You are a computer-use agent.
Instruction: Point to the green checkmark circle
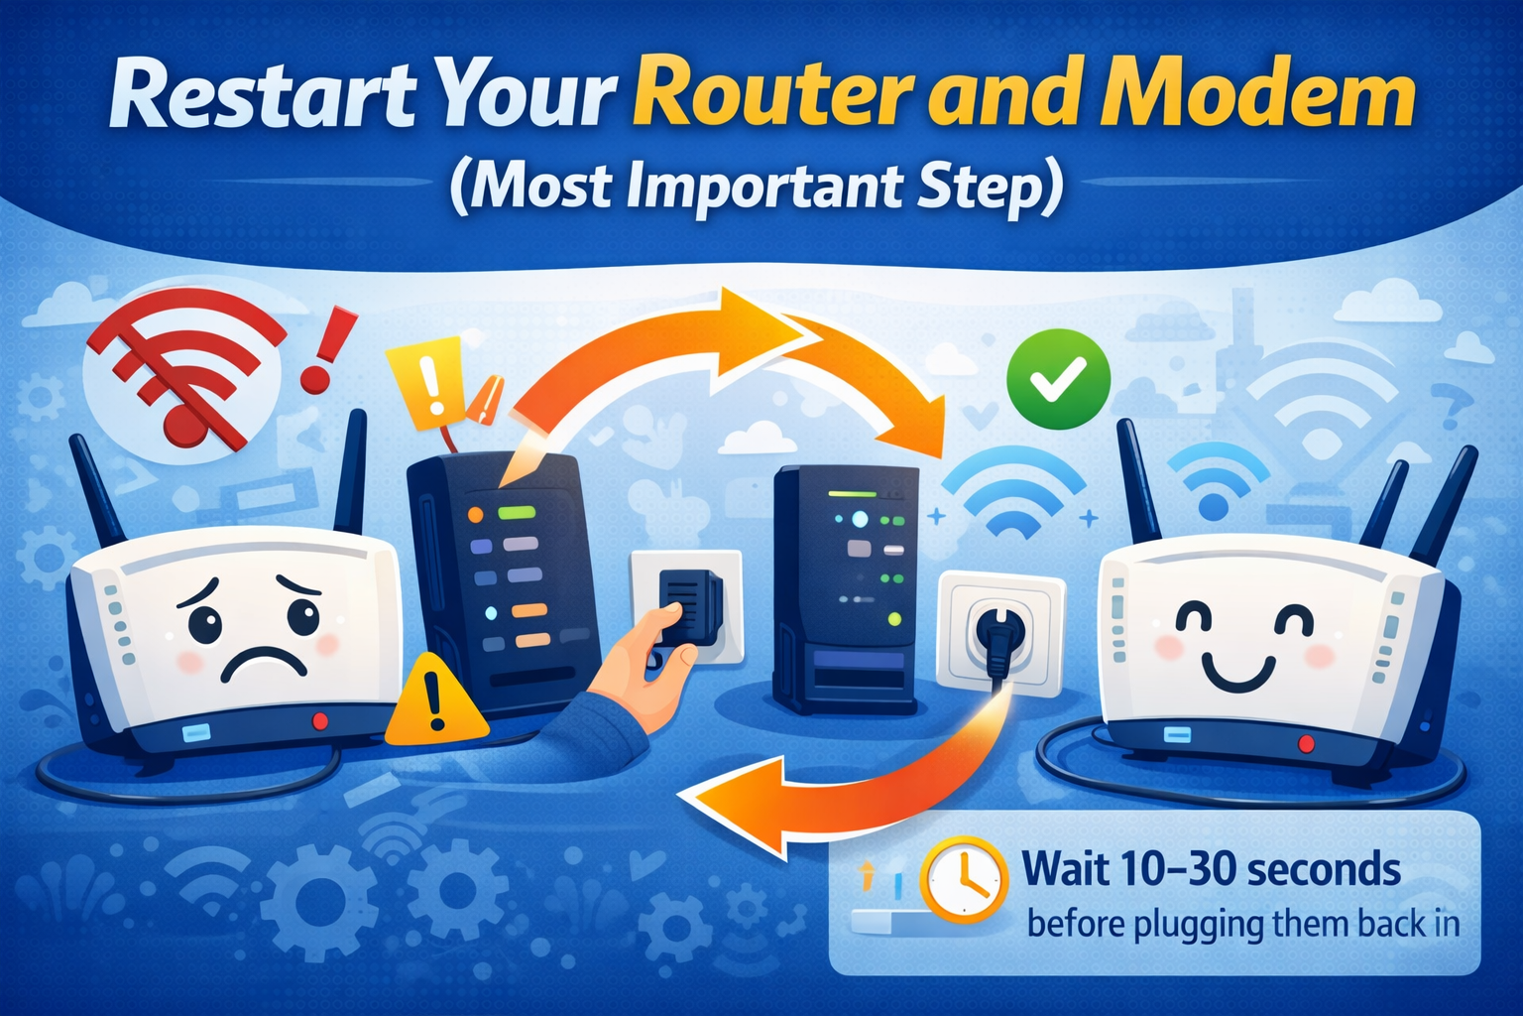point(1059,379)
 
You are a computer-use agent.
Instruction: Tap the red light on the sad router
point(319,721)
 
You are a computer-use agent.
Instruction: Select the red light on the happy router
point(1306,744)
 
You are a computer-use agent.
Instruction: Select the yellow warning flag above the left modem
point(425,383)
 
